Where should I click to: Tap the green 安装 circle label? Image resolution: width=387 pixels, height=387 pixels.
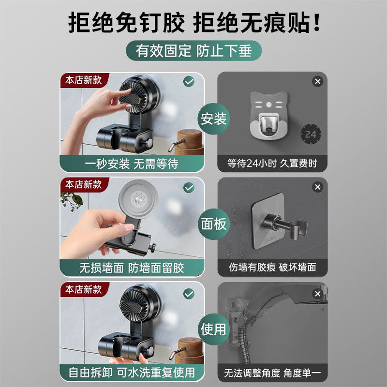coord(213,119)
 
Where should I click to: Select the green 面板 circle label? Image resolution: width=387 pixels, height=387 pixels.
coord(213,223)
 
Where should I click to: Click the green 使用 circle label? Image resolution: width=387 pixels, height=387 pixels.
coord(213,329)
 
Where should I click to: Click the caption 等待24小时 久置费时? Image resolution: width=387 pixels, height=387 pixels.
coord(272,164)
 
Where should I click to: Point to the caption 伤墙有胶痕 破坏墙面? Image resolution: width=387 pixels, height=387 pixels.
coord(272,268)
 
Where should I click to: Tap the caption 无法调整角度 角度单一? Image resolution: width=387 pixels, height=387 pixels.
coord(272,372)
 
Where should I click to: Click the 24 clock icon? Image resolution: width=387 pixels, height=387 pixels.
coord(310,134)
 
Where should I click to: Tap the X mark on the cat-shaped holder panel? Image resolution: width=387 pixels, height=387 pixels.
coord(317,81)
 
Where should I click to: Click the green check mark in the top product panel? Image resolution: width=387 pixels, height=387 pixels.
coord(189,81)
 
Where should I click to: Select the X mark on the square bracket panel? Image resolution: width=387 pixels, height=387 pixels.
coord(317,187)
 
